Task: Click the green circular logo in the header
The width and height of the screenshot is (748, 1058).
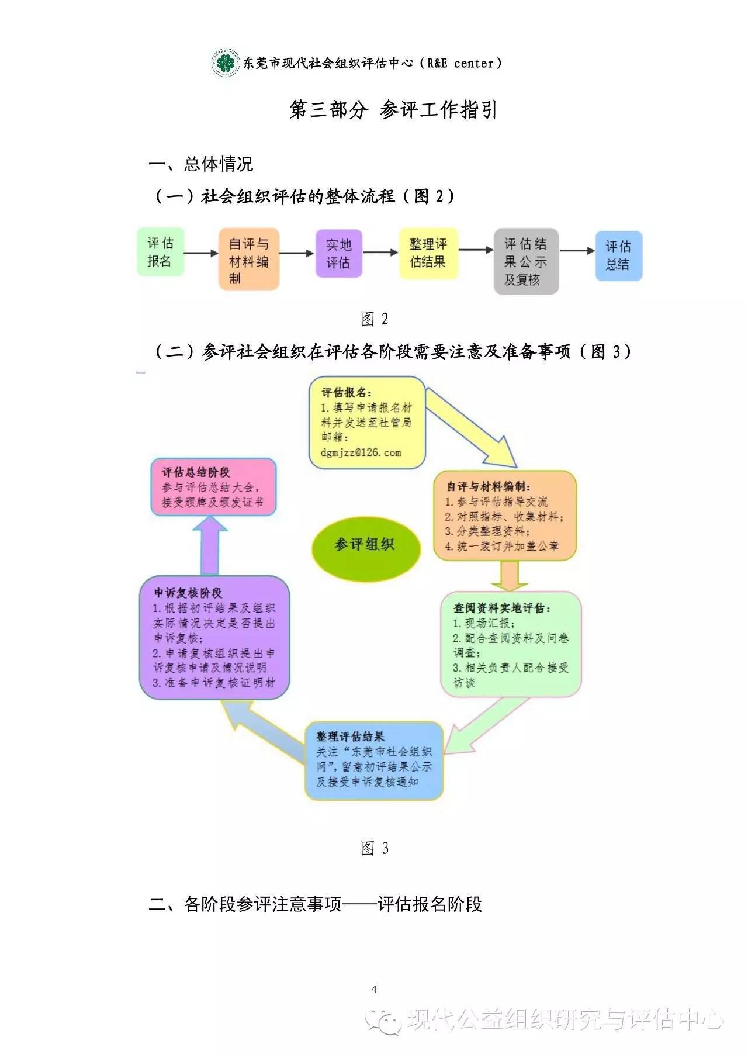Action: (x=226, y=63)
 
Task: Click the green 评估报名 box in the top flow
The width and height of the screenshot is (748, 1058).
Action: (x=161, y=252)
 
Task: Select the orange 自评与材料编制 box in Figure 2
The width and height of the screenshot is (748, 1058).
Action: (x=249, y=259)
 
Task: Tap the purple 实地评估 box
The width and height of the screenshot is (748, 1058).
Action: (x=339, y=253)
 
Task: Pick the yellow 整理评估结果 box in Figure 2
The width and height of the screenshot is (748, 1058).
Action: (x=428, y=253)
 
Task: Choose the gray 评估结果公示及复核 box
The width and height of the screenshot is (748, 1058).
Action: (x=526, y=261)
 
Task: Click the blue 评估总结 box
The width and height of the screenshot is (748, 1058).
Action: (x=618, y=256)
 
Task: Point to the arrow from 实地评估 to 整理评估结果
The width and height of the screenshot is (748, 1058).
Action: (x=381, y=253)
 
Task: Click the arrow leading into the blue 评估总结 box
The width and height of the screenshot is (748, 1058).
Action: (x=577, y=251)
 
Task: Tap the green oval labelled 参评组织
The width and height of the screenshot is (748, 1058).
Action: (x=366, y=548)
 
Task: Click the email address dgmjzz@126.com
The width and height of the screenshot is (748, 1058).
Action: (x=361, y=452)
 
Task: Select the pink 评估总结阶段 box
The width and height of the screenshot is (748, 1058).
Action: (x=213, y=487)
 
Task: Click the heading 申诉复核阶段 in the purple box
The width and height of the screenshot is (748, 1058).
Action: (x=188, y=593)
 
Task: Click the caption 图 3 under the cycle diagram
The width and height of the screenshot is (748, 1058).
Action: (x=375, y=848)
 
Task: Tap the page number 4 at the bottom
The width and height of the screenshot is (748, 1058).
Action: (x=374, y=990)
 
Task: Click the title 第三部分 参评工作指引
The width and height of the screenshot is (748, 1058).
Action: (x=393, y=110)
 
